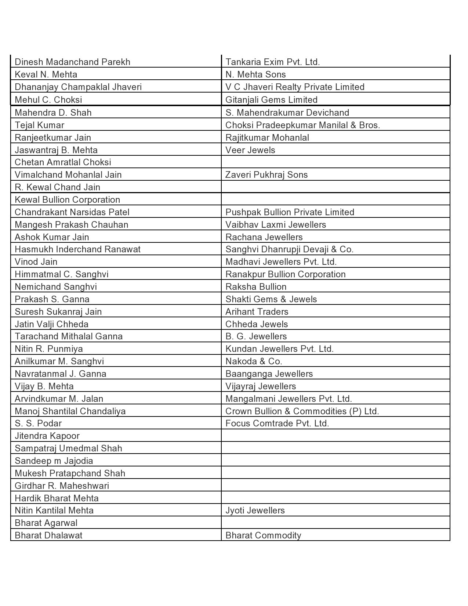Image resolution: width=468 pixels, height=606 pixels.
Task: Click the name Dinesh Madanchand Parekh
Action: point(72,62)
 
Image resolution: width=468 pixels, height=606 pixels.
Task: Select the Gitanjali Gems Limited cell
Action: point(271,100)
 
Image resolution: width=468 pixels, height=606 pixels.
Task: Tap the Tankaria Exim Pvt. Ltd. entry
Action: point(272,62)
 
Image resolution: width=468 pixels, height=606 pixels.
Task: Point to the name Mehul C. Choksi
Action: point(48,100)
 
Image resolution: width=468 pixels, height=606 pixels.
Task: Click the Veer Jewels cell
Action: point(250,150)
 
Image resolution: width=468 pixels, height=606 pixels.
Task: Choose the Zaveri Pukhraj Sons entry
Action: point(266,175)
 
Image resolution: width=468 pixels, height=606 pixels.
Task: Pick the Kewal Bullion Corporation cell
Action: point(67,200)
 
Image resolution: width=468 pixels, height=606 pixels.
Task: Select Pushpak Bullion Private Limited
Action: point(290,212)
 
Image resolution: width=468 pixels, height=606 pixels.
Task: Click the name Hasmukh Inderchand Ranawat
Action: point(77,249)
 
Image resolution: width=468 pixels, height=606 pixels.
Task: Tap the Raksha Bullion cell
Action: point(256,287)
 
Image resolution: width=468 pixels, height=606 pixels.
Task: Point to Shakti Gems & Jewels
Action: point(271,299)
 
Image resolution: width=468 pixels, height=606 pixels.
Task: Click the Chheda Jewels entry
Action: point(257,324)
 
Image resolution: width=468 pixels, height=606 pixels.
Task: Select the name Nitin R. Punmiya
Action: point(49,349)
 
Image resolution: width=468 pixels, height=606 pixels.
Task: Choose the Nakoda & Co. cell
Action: point(254,361)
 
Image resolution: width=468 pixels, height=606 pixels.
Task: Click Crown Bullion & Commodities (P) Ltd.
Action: point(302,411)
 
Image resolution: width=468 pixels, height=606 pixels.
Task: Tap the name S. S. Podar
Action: point(38,423)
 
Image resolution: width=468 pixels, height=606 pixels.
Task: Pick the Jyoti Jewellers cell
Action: point(255,511)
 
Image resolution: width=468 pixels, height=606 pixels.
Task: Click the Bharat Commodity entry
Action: point(263,535)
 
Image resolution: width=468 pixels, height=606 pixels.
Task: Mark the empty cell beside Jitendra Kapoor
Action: point(335,436)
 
